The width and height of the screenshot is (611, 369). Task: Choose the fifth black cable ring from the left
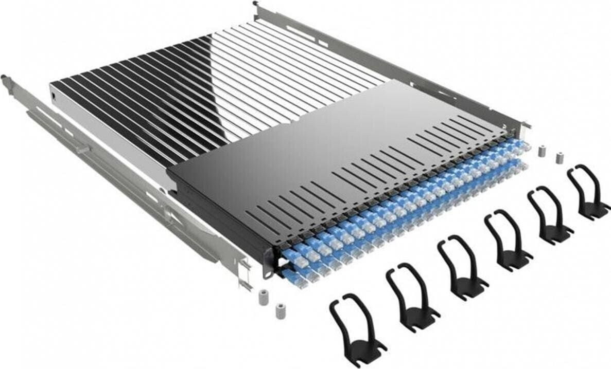click(548, 216)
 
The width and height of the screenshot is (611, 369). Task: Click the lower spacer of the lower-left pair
click(280, 311)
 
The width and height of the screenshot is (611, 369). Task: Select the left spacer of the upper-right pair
click(541, 151)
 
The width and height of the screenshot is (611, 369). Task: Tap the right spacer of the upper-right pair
click(558, 157)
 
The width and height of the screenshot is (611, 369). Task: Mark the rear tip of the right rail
click(256, 5)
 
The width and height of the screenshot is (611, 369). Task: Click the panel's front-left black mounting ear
click(268, 260)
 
